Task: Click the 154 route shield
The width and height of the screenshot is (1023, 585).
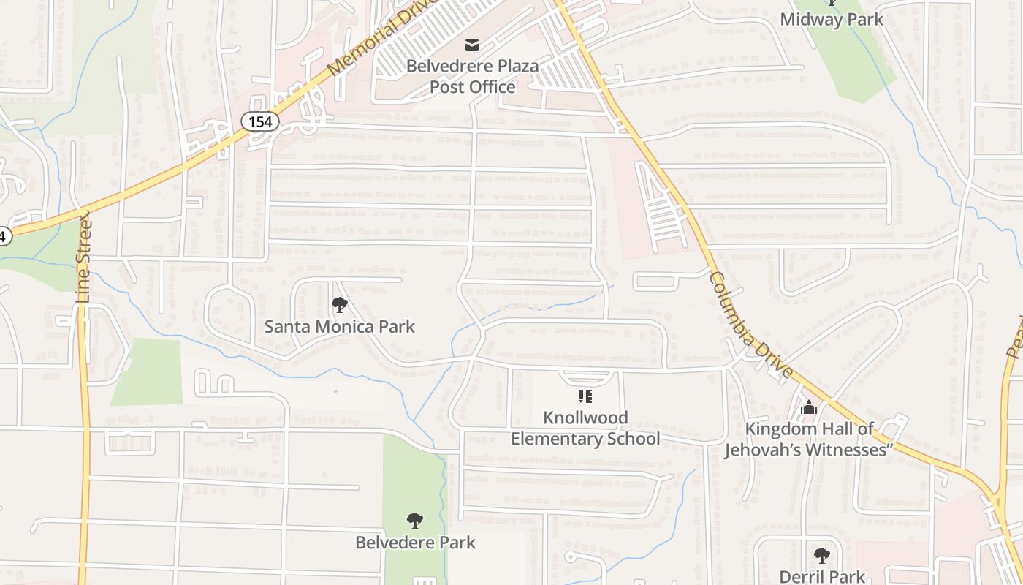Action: tap(259, 121)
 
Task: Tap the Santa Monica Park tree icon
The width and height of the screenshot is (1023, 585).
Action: tap(339, 304)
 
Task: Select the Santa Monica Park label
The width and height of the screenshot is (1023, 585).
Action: tap(339, 326)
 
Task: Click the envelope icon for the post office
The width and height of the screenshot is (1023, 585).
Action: tap(472, 45)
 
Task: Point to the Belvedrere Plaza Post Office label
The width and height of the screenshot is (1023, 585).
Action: tap(472, 76)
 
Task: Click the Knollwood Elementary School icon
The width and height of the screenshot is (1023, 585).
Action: tap(585, 396)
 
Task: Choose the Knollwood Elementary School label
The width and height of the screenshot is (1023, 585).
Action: tap(585, 428)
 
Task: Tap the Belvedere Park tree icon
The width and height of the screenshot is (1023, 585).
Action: tap(415, 521)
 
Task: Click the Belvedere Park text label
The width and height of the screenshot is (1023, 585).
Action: tap(415, 543)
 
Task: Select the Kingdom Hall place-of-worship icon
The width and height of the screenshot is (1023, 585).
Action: tap(808, 407)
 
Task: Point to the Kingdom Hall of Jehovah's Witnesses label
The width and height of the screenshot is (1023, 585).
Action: tap(809, 439)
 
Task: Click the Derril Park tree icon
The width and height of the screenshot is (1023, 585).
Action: tap(822, 556)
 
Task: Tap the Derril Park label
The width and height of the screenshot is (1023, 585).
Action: tap(822, 576)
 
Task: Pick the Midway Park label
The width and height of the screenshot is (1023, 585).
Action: tap(832, 20)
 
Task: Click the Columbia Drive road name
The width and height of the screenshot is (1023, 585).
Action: tap(750, 326)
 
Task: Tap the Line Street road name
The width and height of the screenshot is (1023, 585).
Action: tap(83, 257)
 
